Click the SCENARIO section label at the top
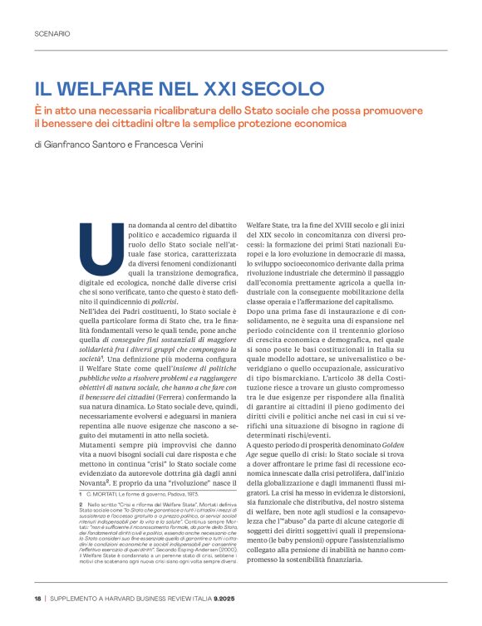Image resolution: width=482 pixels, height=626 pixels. [x=52, y=34]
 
